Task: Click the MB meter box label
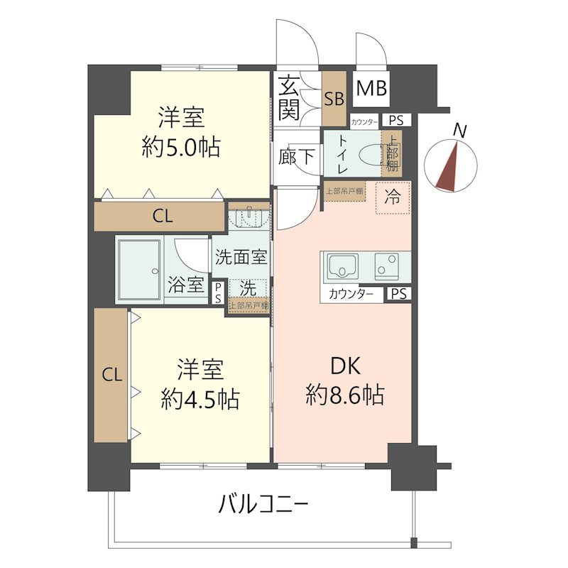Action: tap(371, 89)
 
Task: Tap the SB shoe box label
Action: tap(333, 99)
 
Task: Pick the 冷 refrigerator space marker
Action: tap(392, 198)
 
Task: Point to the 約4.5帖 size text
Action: tap(200, 399)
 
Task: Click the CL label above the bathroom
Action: tap(162, 217)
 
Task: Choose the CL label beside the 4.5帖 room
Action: tap(111, 374)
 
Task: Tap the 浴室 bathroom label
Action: tap(185, 285)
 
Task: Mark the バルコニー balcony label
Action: tap(263, 506)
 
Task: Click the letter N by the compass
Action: tap(461, 131)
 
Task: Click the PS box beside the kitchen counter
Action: tap(398, 294)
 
